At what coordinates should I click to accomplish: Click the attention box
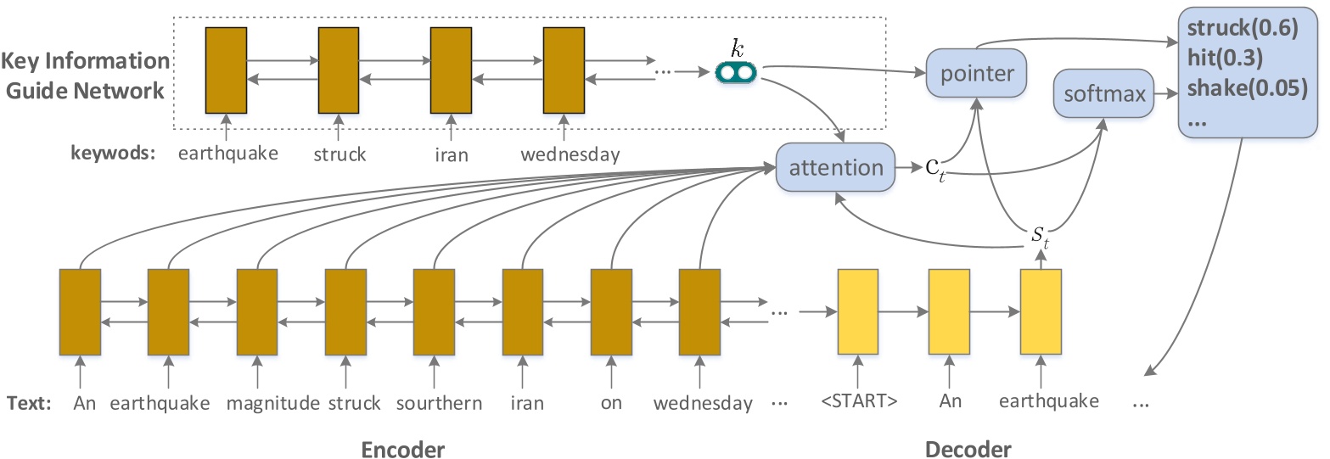pos(836,167)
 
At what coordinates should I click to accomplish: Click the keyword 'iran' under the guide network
pos(451,154)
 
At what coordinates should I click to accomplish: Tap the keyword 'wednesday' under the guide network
pos(570,154)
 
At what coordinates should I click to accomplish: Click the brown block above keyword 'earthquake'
pos(227,70)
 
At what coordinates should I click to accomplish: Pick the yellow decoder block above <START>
pos(858,311)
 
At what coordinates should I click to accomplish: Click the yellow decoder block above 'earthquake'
pos(1041,311)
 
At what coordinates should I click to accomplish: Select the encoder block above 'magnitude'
pos(257,311)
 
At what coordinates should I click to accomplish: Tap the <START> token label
pos(859,402)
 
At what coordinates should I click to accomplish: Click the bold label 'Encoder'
pos(403,447)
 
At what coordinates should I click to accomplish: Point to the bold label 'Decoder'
pos(968,447)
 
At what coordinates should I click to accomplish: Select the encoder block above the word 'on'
pos(611,311)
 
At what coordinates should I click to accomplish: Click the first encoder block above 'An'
pos(80,311)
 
